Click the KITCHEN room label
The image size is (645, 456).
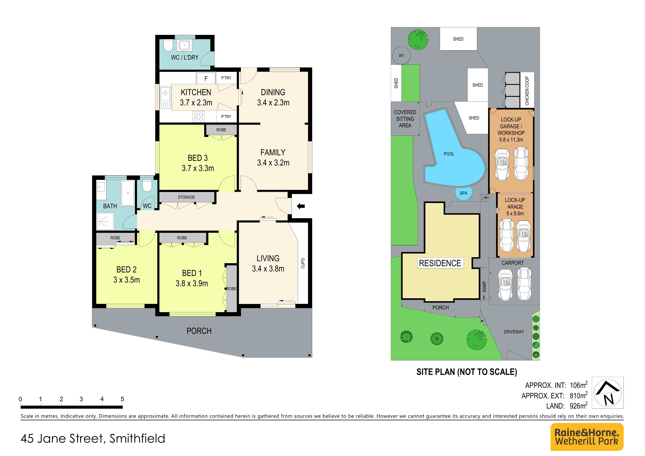[196, 92]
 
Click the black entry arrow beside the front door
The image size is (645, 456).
[301, 206]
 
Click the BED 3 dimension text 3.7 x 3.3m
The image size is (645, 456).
[198, 168]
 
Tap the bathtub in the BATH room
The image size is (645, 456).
[128, 193]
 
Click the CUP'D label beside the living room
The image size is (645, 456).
[303, 263]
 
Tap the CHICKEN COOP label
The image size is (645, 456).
[527, 91]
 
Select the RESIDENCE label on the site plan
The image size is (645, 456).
[440, 263]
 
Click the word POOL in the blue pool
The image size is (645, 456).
[449, 154]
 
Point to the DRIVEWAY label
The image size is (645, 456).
[514, 332]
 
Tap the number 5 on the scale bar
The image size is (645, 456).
[122, 399]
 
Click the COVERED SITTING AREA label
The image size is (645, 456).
[405, 119]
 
